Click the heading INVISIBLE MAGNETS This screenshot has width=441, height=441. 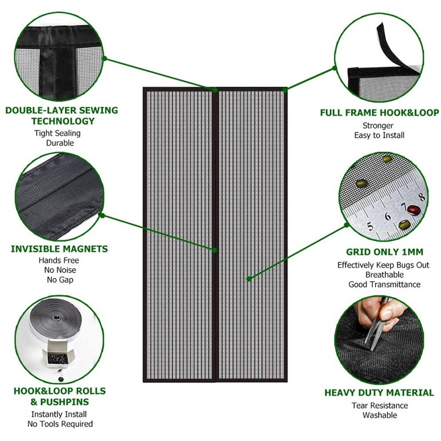point(59,249)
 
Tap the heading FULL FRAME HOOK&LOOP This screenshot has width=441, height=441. point(379,113)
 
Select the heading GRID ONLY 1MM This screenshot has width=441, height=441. point(384,252)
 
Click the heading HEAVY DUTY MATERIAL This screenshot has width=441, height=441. point(379,393)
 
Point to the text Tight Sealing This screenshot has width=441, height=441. point(57,133)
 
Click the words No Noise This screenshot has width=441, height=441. point(60,270)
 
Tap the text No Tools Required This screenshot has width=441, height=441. point(60,424)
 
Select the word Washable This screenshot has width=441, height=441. point(380,415)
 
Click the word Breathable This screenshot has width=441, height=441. point(384,275)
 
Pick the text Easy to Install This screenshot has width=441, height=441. point(379,135)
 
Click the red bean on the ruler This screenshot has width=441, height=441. point(413,210)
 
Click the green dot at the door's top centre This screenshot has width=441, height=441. point(216,90)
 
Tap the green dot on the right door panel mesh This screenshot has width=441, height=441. point(249,279)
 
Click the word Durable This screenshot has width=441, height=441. point(60,143)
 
